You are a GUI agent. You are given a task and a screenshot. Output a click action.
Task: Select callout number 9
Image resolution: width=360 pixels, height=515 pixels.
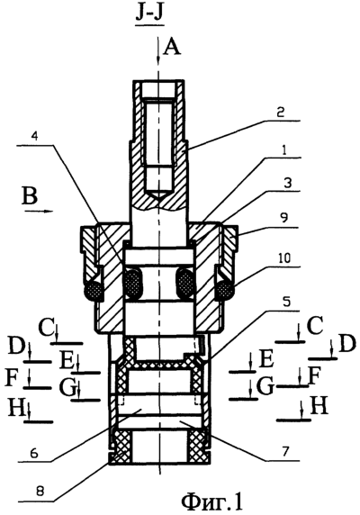pos(285,219)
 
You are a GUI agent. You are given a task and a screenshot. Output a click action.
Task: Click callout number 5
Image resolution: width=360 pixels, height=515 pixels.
pos(284,303)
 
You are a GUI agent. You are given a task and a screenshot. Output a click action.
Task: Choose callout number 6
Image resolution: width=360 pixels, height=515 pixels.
pos(34,453)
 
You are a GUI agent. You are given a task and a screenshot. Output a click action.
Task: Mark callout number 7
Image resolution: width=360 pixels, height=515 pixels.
pos(284,452)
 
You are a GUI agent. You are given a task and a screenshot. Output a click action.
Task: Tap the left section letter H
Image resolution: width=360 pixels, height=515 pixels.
pos(14,408)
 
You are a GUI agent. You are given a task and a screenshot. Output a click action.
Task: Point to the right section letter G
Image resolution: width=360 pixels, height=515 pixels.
pos(265,387)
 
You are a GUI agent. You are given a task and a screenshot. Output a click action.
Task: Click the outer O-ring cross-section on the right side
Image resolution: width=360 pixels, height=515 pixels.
pos(226,290)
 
